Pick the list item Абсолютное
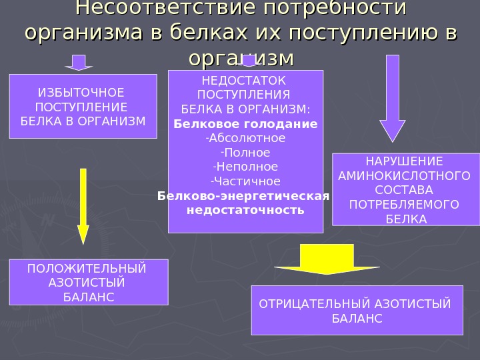point(246,138)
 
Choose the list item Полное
point(246,153)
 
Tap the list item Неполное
point(246,167)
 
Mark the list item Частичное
point(246,181)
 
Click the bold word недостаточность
point(245,210)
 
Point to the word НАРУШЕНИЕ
point(405,161)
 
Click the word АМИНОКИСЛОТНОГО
point(405,176)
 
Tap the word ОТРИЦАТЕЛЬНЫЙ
point(307,304)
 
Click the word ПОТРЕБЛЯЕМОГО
point(405,204)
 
